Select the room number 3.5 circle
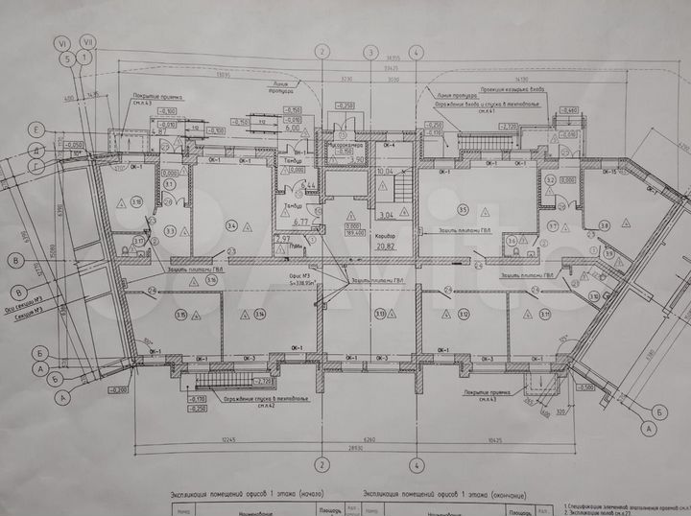pyautogui.click(x=462, y=209)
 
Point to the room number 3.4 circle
pyautogui.click(x=231, y=226)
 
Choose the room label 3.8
pyautogui.click(x=604, y=225)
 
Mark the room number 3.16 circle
pyautogui.click(x=136, y=201)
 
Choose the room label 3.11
pyautogui.click(x=544, y=314)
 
